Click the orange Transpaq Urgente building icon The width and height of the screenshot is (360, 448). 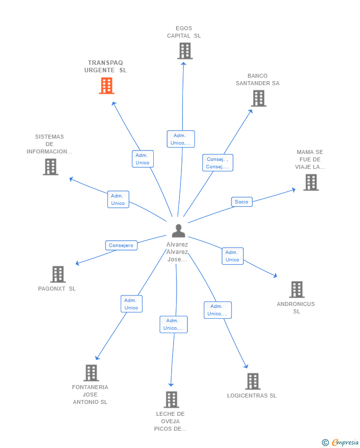click(x=106, y=86)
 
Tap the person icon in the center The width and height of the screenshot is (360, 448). click(x=179, y=231)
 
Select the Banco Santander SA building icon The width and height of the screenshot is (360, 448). click(x=259, y=99)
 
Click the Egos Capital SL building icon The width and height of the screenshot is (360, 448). click(x=185, y=51)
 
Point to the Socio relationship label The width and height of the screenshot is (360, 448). click(x=241, y=201)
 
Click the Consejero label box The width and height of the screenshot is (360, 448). click(x=121, y=246)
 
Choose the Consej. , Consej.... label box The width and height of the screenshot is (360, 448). click(x=218, y=163)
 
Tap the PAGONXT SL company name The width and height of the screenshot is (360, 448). click(x=57, y=289)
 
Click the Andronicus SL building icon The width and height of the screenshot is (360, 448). click(x=297, y=290)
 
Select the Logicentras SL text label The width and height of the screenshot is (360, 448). click(x=252, y=396)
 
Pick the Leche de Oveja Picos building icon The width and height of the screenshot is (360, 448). click(x=172, y=399)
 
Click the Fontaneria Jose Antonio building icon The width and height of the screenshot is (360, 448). click(x=91, y=373)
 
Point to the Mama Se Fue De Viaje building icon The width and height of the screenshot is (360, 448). click(x=311, y=182)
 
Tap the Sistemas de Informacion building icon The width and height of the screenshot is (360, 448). click(x=50, y=167)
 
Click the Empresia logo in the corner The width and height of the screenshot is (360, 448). click(x=340, y=442)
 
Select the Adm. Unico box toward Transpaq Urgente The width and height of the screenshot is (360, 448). click(x=143, y=159)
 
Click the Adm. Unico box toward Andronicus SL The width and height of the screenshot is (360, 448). click(x=233, y=256)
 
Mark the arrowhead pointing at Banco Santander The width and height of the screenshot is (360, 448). click(x=250, y=112)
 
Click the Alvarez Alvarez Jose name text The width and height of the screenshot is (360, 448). click(x=178, y=251)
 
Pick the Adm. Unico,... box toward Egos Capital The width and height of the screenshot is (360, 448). click(x=180, y=139)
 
